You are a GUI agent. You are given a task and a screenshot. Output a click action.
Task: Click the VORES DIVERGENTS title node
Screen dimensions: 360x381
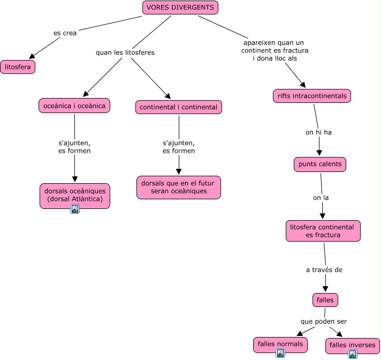click(x=180, y=7)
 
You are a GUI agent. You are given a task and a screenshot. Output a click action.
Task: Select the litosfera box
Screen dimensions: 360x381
click(x=18, y=67)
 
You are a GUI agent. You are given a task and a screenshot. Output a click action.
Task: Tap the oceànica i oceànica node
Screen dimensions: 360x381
click(x=74, y=106)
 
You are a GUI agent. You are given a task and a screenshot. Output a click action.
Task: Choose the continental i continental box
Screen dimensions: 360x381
click(x=178, y=107)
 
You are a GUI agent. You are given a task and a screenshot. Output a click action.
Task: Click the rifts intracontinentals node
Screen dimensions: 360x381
click(x=312, y=96)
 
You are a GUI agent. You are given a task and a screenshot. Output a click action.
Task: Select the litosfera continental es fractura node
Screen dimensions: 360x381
click(x=323, y=231)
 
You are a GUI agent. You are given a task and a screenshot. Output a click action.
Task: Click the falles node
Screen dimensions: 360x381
click(x=325, y=300)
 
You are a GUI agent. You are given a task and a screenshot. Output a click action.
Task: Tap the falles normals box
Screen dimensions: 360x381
click(x=280, y=344)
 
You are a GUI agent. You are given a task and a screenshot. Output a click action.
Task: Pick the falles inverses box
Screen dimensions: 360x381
click(x=353, y=345)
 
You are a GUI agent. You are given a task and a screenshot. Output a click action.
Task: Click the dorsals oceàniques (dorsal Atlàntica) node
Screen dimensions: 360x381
click(x=74, y=195)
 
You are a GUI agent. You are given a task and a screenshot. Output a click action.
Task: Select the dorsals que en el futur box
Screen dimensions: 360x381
click(x=178, y=187)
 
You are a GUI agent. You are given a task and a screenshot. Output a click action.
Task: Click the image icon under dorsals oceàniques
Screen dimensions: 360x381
click(x=75, y=209)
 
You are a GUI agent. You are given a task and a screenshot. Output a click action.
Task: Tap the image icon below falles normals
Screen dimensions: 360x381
click(x=280, y=353)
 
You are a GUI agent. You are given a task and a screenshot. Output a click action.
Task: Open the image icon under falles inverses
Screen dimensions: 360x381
click(x=353, y=354)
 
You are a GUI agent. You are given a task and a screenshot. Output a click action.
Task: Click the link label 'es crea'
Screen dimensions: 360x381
click(x=65, y=33)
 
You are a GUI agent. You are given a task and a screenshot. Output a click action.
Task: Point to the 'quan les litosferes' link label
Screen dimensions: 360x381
click(x=125, y=52)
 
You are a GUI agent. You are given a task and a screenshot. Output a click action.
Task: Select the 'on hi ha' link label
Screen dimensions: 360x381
click(x=318, y=132)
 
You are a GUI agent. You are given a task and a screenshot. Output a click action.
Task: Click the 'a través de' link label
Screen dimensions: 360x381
click(x=324, y=270)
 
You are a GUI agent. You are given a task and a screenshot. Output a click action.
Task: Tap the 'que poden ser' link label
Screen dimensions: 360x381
click(x=324, y=321)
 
